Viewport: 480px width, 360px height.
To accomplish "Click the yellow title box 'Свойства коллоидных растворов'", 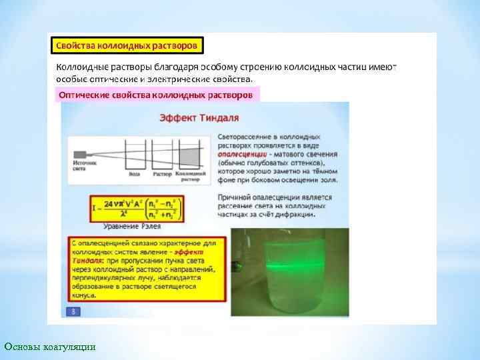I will [x=127, y=46].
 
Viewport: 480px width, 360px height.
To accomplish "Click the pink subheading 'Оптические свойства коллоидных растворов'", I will [x=156, y=95].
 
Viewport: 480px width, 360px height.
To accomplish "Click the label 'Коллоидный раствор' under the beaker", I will [x=191, y=176].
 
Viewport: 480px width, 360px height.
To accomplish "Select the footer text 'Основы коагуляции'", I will [x=50, y=347].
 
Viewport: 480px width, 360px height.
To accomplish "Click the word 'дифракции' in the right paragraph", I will [x=294, y=215].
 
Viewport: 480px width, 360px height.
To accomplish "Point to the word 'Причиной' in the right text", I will [x=237, y=197].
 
